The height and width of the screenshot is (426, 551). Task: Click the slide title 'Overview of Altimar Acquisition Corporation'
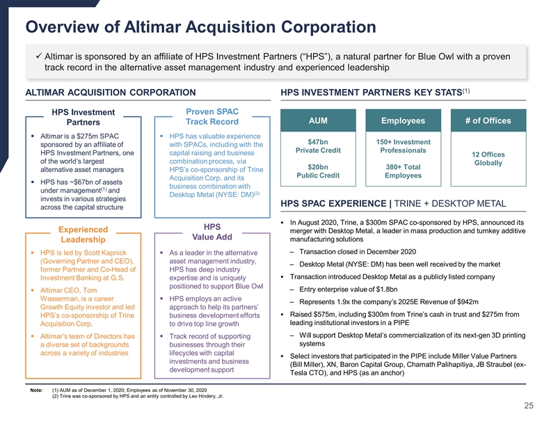[200, 28]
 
